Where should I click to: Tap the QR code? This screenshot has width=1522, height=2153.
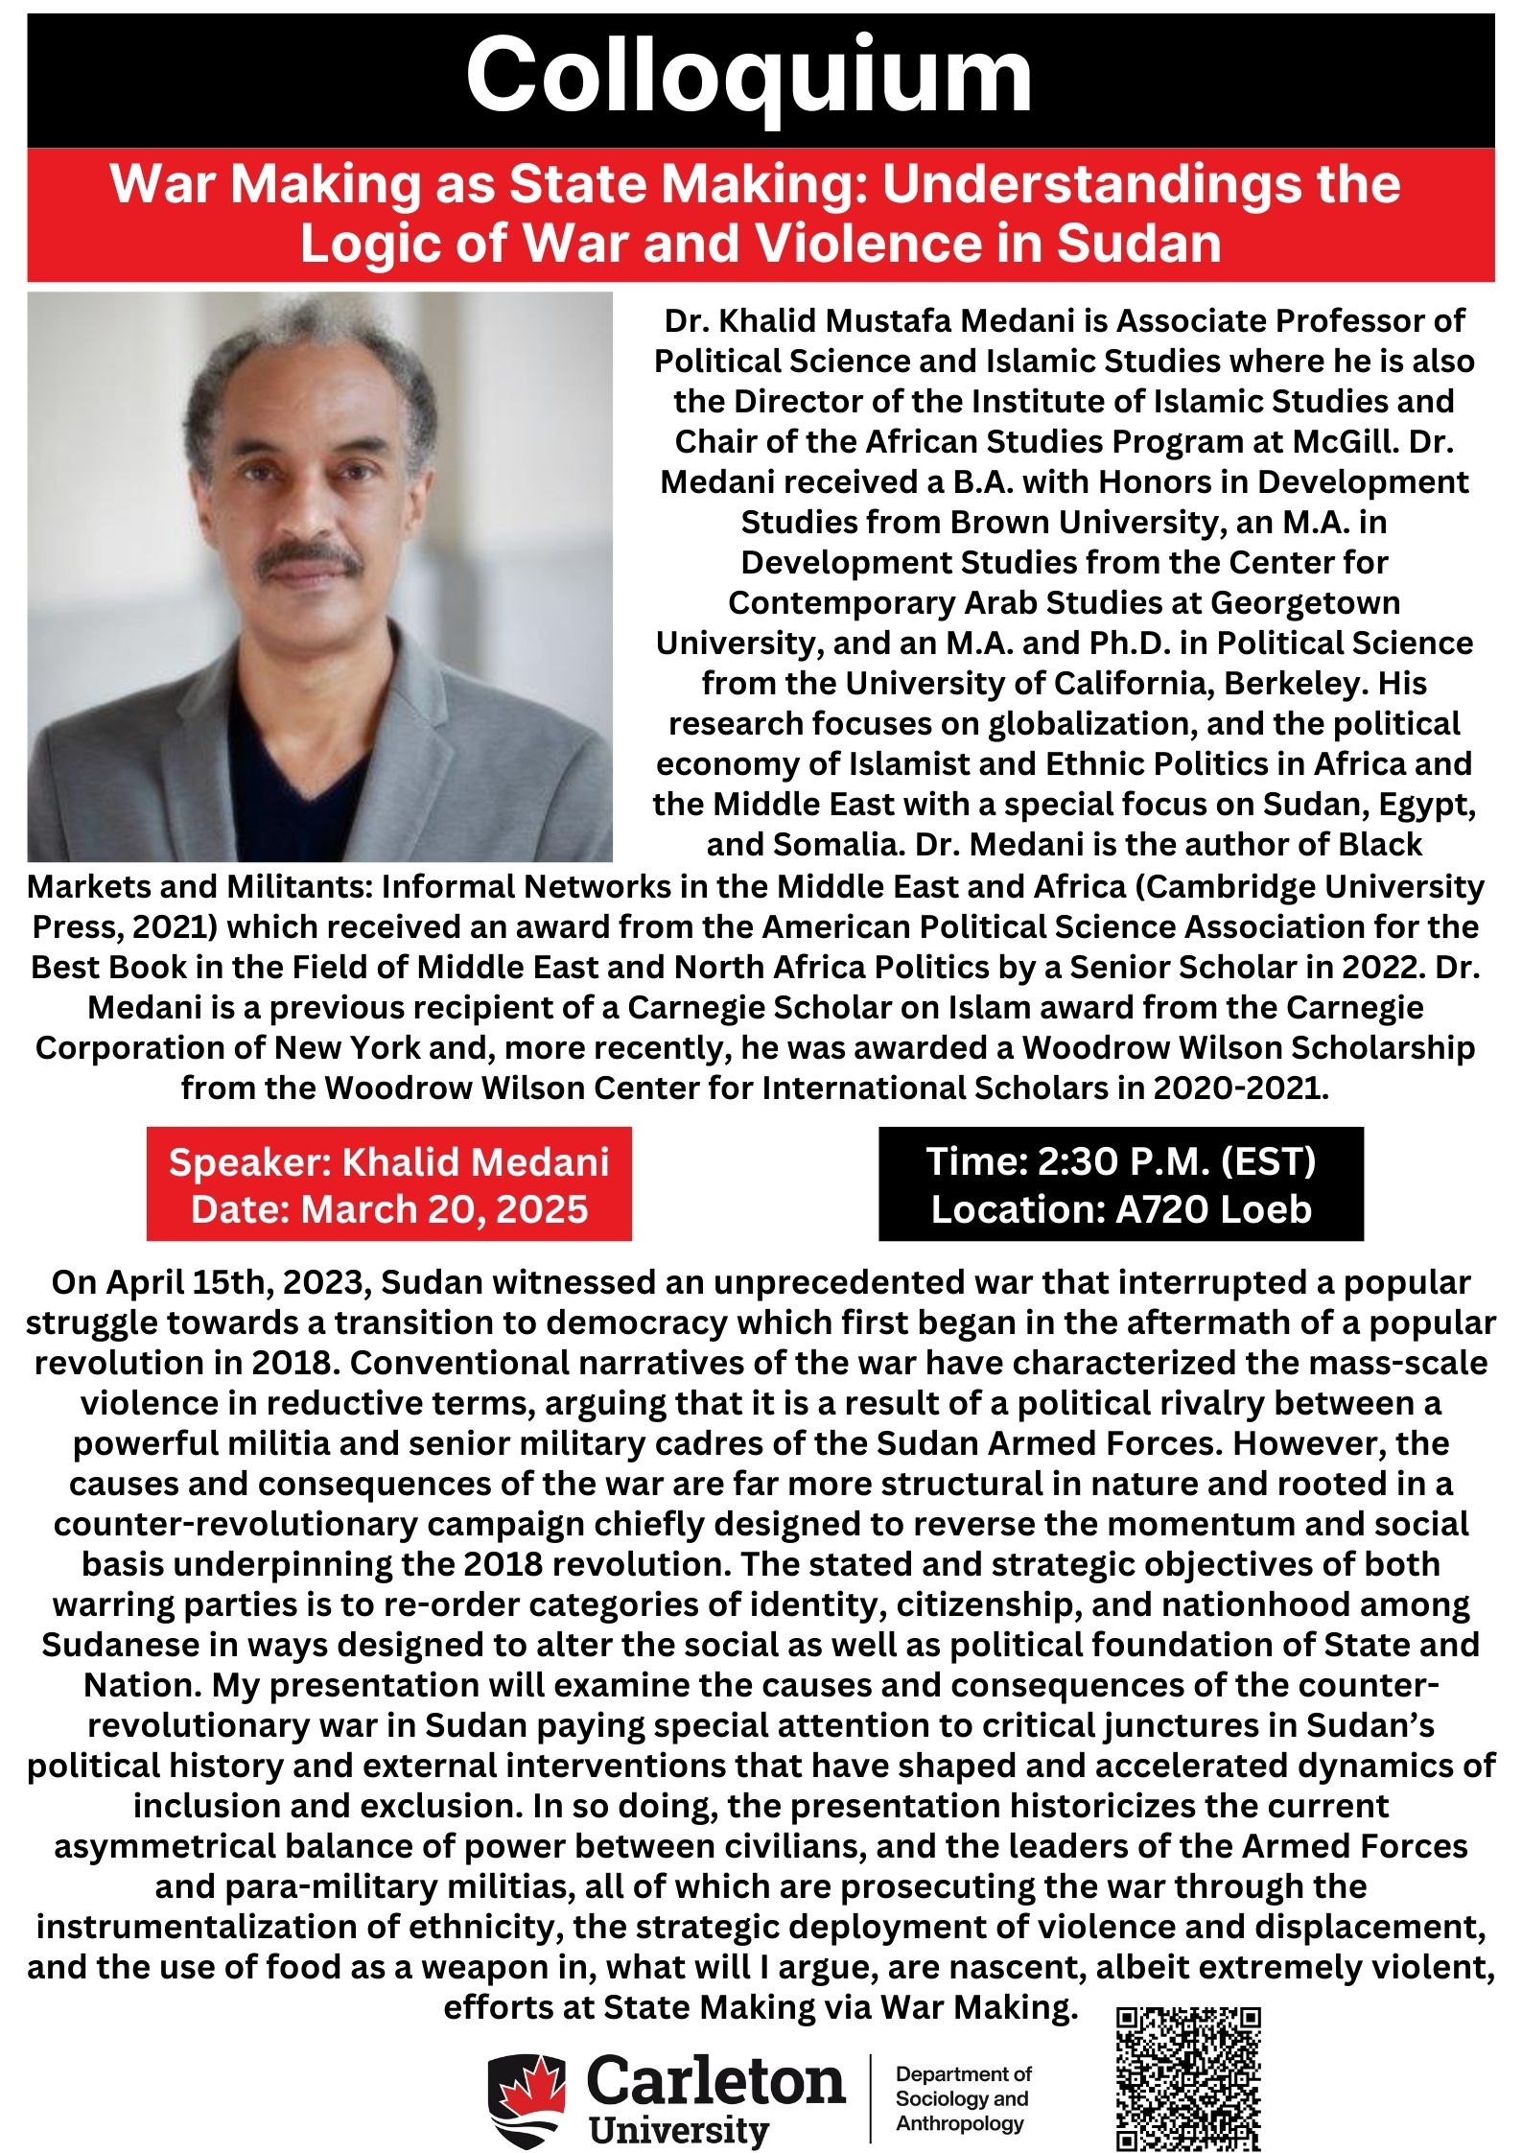pos(1188,2077)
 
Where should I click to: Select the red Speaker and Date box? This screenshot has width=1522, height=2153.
pos(388,1184)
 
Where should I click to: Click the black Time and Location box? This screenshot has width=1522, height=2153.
pos(1120,1184)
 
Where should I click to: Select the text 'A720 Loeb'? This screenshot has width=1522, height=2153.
pos(1213,1209)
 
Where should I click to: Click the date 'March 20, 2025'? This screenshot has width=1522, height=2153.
pos(444,1209)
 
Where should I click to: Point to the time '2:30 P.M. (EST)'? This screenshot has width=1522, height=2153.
pos(1177,1161)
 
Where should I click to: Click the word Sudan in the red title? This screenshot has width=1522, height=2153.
pos(1138,244)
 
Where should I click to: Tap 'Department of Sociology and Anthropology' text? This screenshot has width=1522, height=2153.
pos(962,2099)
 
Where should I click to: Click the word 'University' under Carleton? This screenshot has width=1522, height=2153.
pos(679,2131)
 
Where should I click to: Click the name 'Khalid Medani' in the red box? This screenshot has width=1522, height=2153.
pos(476,1161)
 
